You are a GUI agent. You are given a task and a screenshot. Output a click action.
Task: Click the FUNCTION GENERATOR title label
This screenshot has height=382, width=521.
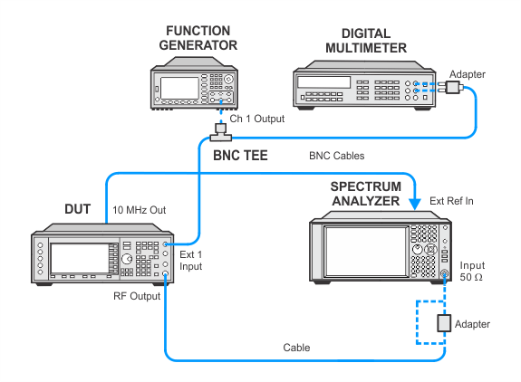pos(198,38)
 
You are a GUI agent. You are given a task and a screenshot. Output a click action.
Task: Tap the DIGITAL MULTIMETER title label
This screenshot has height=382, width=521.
pos(366,41)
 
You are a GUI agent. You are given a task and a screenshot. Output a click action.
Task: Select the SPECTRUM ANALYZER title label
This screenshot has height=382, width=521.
pos(366,194)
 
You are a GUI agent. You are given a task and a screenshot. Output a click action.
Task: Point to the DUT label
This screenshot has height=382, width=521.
pos(77,209)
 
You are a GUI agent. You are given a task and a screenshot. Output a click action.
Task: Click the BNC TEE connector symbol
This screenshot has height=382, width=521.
pos(220,133)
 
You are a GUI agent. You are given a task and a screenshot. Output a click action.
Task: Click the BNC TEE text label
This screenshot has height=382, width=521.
pos(240,156)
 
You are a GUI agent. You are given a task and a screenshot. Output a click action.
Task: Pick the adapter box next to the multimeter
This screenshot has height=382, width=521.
pos(452,87)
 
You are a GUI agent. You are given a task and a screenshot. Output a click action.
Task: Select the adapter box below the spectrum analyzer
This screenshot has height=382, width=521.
pos(444,323)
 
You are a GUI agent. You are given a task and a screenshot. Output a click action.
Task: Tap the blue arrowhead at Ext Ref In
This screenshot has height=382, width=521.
pos(414,204)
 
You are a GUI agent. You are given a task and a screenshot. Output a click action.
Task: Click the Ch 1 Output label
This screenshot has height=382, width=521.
pos(256,119)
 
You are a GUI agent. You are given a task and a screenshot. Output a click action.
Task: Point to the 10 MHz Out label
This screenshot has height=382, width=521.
pos(139,210)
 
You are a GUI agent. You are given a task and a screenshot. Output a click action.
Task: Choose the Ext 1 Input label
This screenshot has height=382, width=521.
pos(190,261)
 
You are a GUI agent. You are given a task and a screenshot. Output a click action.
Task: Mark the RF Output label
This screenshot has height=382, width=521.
pos(137,296)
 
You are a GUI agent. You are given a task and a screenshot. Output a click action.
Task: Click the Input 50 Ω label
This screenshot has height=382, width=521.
pos(472,272)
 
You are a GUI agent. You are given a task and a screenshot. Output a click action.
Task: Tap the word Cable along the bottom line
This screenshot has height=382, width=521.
pos(296,348)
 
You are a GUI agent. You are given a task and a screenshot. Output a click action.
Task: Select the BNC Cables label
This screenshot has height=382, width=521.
pos(336,156)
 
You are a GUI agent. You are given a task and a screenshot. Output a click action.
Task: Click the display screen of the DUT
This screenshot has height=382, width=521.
pos(80,259)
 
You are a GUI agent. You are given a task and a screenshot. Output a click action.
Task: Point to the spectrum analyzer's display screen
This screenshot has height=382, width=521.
pos(366,252)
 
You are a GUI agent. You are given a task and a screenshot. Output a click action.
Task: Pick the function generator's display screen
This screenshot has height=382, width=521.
pos(179,88)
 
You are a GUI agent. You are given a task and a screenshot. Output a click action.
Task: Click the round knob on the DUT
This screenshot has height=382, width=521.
pos(127,259)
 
